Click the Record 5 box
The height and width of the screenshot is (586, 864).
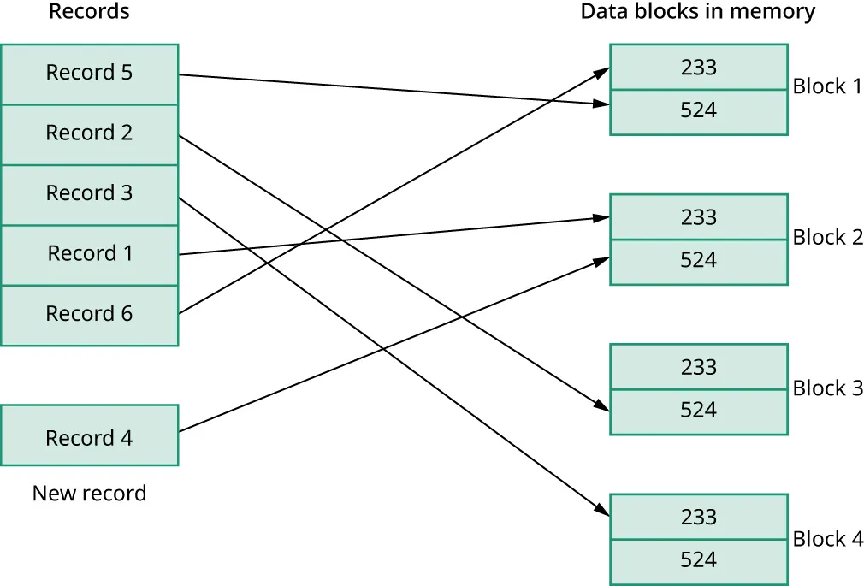[x=89, y=74]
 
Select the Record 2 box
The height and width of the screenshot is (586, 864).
[x=89, y=133]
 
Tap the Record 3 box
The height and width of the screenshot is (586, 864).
[x=89, y=194]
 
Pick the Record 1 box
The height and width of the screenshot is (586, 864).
[x=89, y=254]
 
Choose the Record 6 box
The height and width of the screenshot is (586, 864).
[x=89, y=314]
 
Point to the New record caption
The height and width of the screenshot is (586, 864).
[x=89, y=494]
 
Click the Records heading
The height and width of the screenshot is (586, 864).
[x=89, y=12]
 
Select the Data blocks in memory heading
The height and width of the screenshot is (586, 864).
[x=697, y=12]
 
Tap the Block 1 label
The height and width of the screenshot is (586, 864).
[x=827, y=86]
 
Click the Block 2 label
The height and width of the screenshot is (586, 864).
[x=827, y=238]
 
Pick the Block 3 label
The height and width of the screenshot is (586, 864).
[x=827, y=388]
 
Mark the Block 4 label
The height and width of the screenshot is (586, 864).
[x=827, y=539]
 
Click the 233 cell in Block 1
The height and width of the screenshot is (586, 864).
[x=698, y=67]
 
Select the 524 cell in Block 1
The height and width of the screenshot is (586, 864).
[x=698, y=111]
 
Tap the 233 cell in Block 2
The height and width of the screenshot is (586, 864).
[x=698, y=217]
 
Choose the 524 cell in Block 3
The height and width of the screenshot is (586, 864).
[x=698, y=411]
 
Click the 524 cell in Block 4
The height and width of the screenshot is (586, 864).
[x=698, y=561]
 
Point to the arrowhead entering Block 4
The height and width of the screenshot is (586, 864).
[x=602, y=511]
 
